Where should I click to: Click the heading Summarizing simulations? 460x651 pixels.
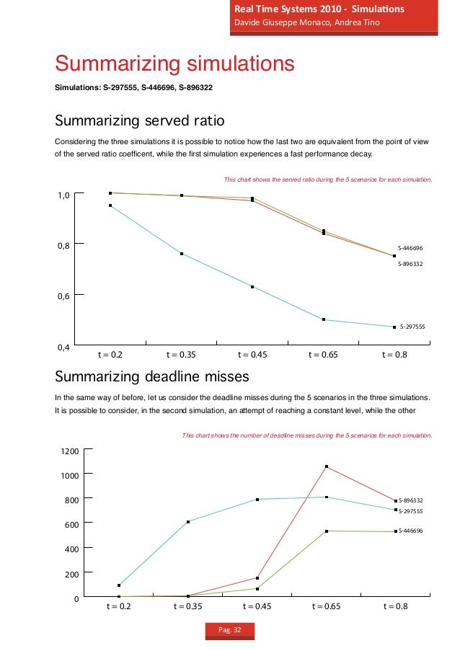[175, 64]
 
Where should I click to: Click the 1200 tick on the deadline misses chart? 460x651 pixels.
[69, 451]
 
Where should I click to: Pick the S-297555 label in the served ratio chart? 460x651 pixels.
[412, 327]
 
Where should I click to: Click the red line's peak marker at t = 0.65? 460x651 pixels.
[327, 467]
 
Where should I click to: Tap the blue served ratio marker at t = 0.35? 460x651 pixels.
[182, 254]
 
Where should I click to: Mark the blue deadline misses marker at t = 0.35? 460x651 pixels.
[188, 522]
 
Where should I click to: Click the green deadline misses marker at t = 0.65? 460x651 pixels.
[327, 531]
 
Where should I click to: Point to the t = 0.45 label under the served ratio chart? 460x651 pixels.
[252, 355]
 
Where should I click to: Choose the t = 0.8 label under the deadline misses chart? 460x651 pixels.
[394, 606]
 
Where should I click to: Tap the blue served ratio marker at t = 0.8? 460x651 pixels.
[394, 327]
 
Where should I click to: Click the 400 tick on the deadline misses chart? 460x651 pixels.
[69, 549]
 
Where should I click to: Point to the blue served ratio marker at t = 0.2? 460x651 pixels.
[110, 205]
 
